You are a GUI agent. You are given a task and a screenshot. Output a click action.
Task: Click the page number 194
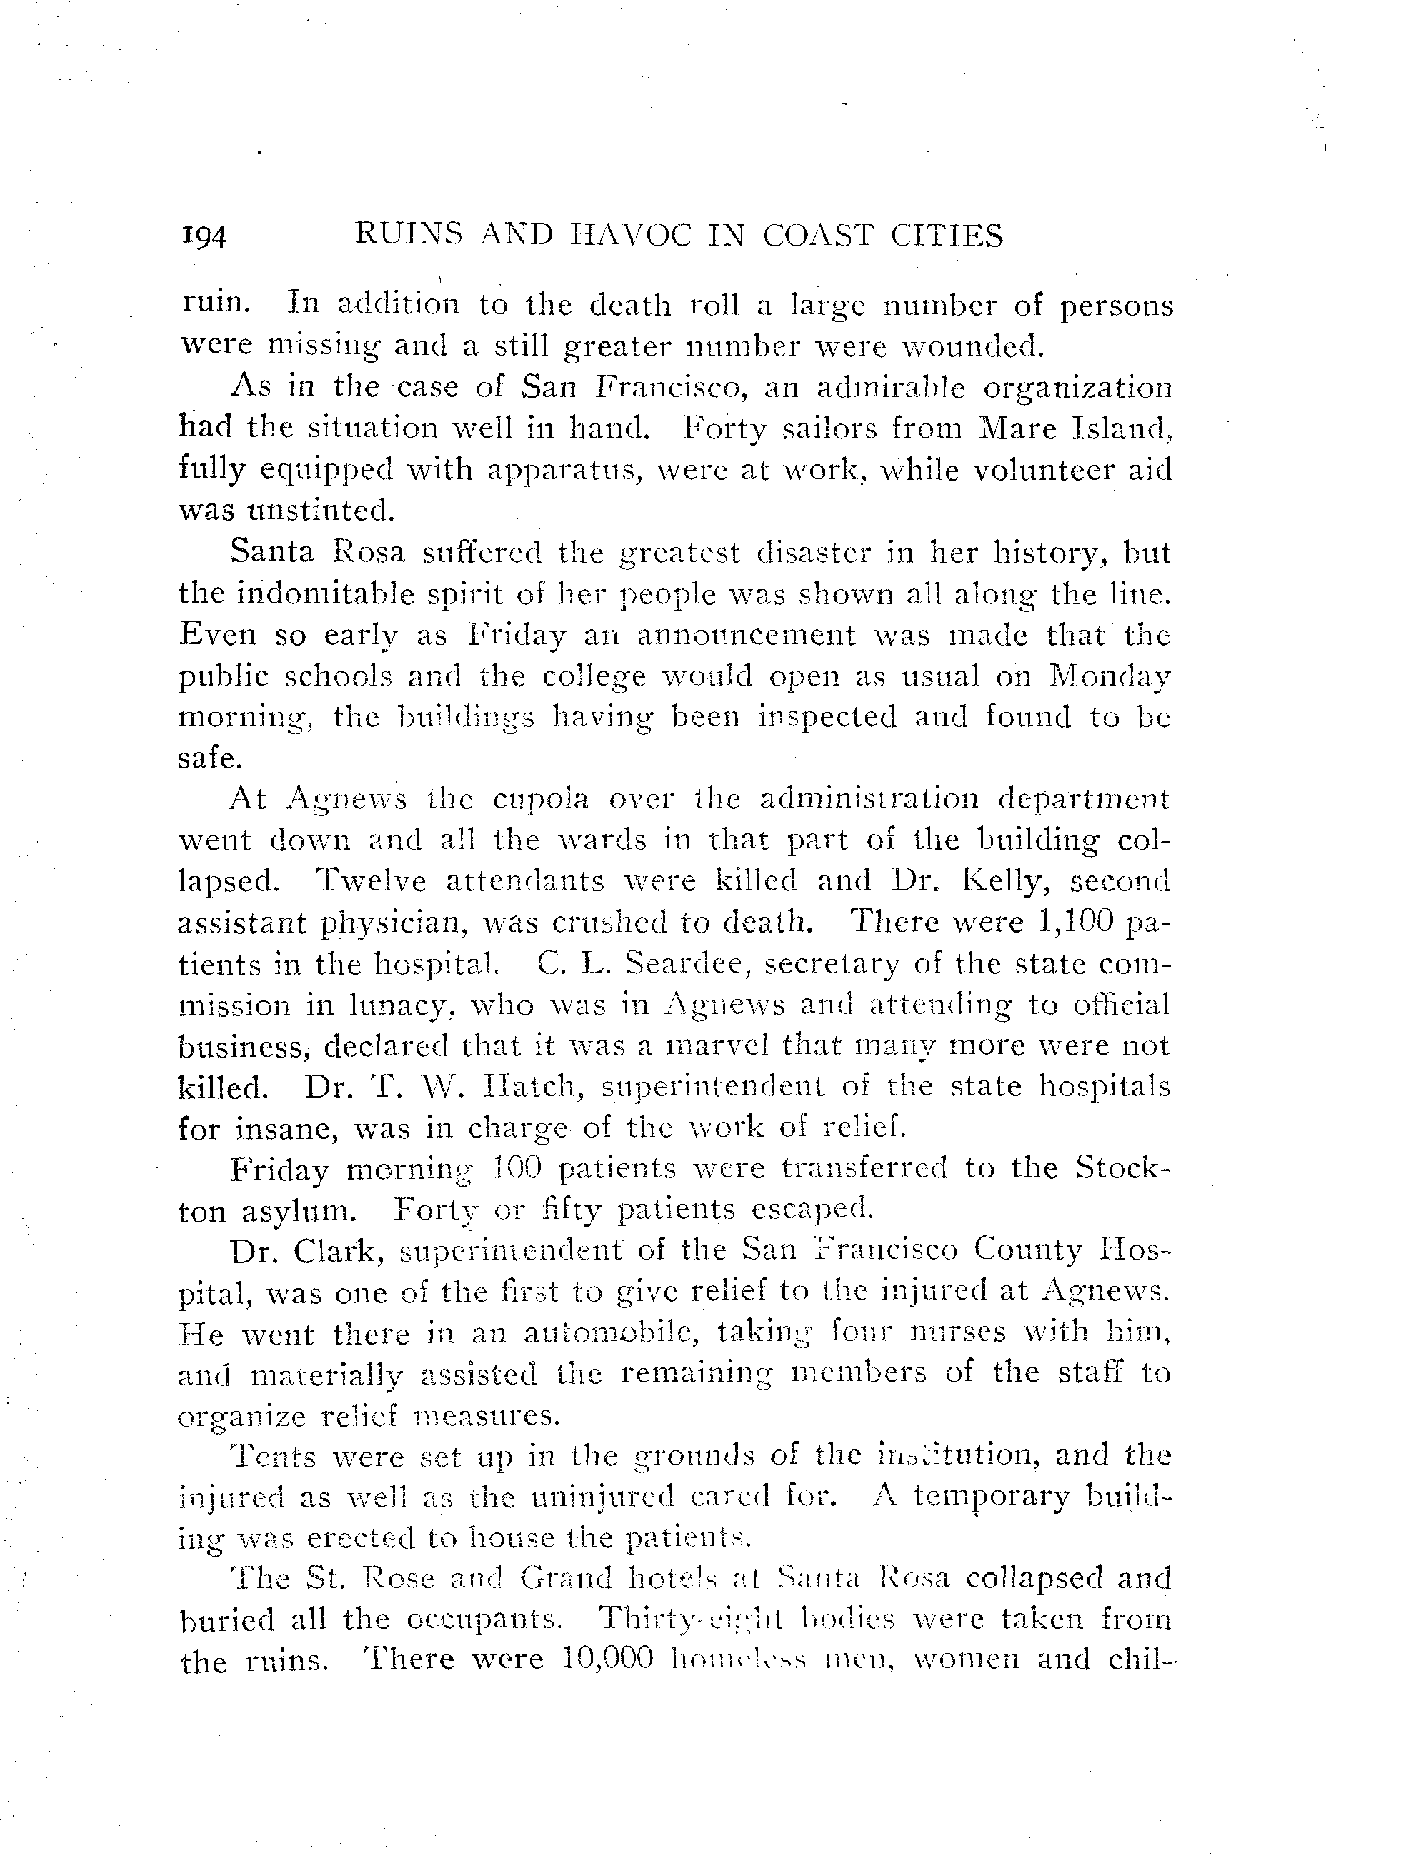click(x=204, y=238)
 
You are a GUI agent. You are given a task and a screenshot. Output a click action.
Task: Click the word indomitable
click(x=330, y=594)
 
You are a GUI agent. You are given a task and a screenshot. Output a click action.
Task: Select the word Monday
click(x=1110, y=676)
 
